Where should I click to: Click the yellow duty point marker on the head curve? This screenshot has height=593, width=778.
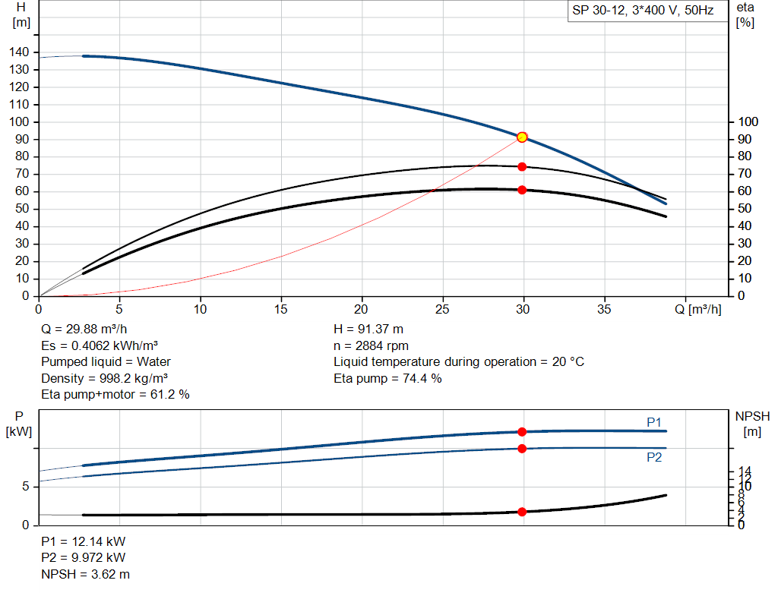pyautogui.click(x=522, y=137)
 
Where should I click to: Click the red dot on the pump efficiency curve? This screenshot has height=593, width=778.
pyautogui.click(x=522, y=166)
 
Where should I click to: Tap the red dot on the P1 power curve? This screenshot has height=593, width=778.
pyautogui.click(x=522, y=431)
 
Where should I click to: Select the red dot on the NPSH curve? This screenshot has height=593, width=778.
pyautogui.click(x=522, y=512)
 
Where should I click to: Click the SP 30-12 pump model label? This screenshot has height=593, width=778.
pyautogui.click(x=642, y=11)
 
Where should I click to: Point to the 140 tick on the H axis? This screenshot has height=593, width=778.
pyautogui.click(x=21, y=52)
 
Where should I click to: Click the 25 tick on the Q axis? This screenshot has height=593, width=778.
pyautogui.click(x=443, y=309)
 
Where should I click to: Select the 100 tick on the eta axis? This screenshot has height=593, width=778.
pyautogui.click(x=748, y=121)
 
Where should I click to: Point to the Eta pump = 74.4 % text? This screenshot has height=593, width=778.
pyautogui.click(x=387, y=378)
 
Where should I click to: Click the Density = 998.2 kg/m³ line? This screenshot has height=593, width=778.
pyautogui.click(x=105, y=378)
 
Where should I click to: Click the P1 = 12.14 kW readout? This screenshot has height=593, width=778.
pyautogui.click(x=83, y=542)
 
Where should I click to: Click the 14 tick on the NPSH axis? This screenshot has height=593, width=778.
pyautogui.click(x=745, y=472)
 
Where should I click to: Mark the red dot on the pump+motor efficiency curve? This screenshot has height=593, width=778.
pyautogui.click(x=522, y=190)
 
